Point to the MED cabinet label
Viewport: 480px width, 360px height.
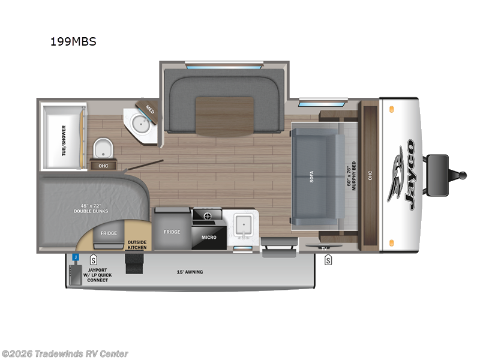[x=149, y=109]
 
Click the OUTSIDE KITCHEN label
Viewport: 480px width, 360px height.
[x=137, y=245]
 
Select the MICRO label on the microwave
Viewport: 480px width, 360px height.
[x=209, y=237]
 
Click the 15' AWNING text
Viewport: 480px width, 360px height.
[x=190, y=272]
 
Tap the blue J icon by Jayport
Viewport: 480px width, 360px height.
[x=76, y=257]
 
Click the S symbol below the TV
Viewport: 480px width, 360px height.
[x=328, y=260]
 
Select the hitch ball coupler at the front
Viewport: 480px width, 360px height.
[x=463, y=175]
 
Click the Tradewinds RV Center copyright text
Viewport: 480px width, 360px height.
[x=65, y=353]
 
